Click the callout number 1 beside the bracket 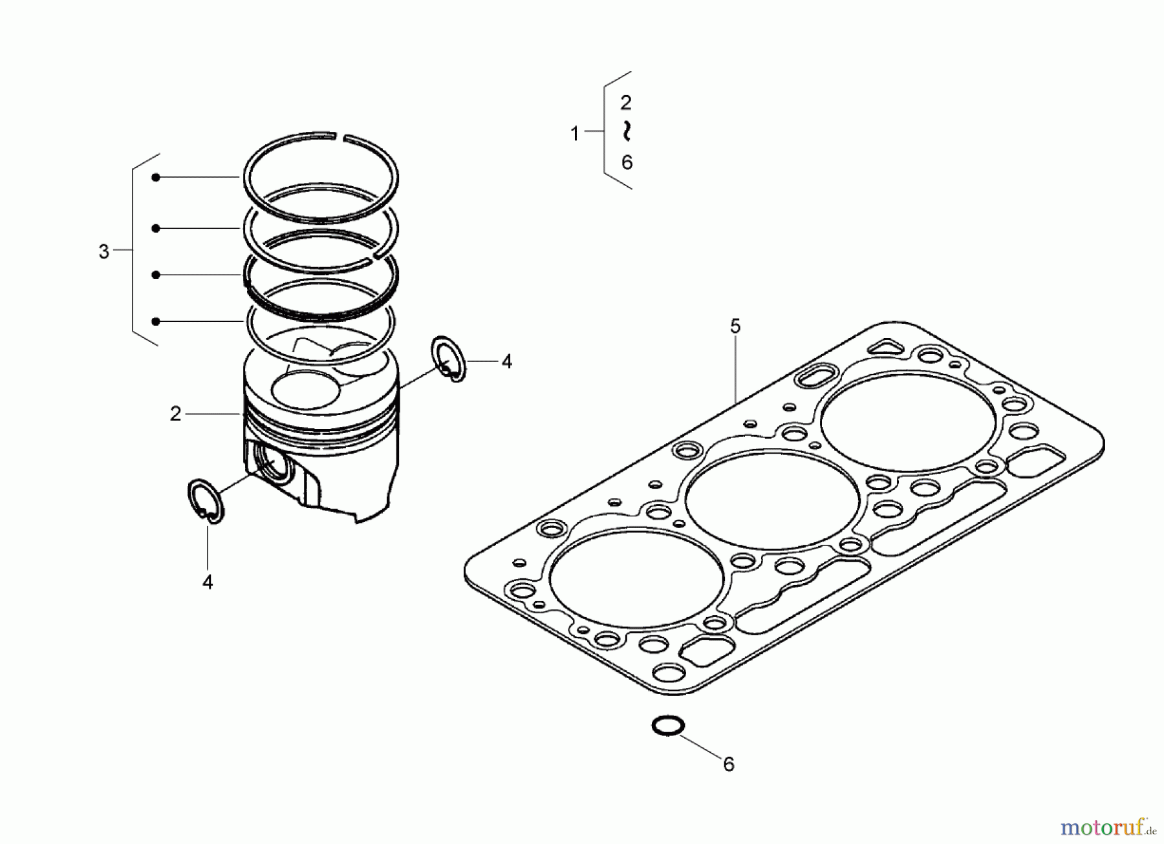tap(574, 134)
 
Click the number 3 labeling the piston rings tap(103, 251)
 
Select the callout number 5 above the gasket tap(735, 326)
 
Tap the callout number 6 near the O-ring tap(729, 765)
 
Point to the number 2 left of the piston tap(175, 414)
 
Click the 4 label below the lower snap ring tap(207, 582)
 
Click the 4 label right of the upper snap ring tap(506, 362)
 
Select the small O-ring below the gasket tap(667, 725)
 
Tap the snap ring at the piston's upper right tap(447, 359)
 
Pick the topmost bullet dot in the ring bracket tap(156, 177)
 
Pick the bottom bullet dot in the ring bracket tap(156, 321)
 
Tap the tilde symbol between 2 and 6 tap(626, 131)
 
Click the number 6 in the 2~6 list tap(627, 162)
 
